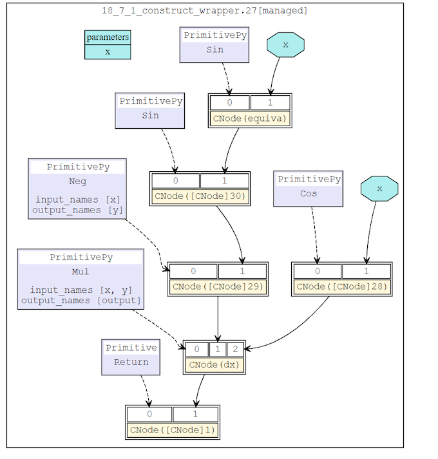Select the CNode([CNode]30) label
point(200,196)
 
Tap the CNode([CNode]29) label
point(218,287)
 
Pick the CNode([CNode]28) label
point(341,287)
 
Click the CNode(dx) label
point(214,365)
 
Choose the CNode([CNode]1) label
point(173,430)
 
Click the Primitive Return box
point(131,356)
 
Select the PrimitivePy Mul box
point(81,279)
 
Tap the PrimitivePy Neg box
point(77,188)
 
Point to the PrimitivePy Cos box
point(309,187)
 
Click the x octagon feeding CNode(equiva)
point(285,44)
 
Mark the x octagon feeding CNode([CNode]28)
point(379,189)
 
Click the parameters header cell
point(108,37)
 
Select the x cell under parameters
point(108,52)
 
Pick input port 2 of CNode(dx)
point(235,350)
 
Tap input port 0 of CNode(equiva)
point(229,102)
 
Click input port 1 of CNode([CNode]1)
point(195,414)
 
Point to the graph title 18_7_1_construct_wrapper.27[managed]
point(205,10)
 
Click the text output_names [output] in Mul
point(81,300)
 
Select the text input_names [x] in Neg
point(77,200)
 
